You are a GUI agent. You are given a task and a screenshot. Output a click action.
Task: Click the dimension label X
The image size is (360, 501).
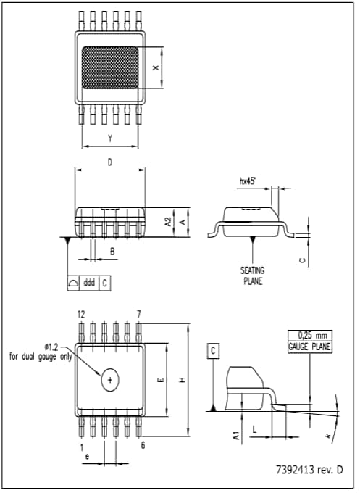click(x=156, y=67)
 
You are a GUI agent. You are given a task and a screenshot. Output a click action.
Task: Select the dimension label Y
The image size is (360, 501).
click(x=110, y=138)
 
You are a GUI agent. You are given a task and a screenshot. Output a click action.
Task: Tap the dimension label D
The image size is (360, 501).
click(x=110, y=162)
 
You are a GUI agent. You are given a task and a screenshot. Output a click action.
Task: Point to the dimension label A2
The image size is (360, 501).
click(x=167, y=221)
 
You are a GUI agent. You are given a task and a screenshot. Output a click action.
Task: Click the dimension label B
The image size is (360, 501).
click(x=112, y=251)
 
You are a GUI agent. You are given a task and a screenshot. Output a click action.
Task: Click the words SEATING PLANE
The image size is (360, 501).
click(x=252, y=276)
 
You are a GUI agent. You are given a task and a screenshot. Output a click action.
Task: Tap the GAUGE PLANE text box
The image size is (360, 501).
click(x=309, y=347)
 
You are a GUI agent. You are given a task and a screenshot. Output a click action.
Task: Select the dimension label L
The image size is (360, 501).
click(x=254, y=429)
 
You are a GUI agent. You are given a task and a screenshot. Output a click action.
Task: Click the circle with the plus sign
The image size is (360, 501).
click(x=110, y=379)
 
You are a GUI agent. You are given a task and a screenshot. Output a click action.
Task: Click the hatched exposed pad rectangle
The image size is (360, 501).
click(x=110, y=67)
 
